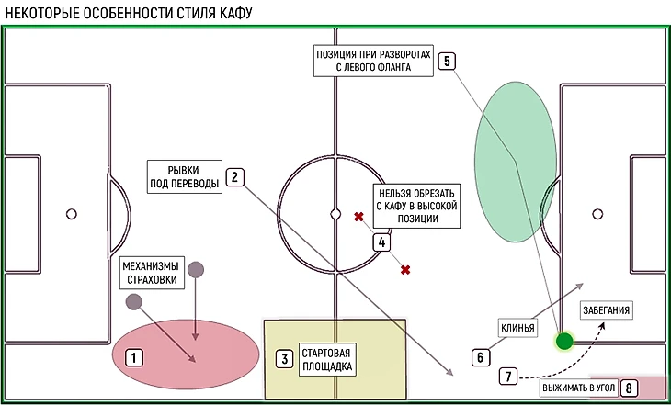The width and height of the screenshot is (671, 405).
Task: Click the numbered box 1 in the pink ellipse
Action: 133,357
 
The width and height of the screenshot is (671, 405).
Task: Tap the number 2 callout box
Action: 235,178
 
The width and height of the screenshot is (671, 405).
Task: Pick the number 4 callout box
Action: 381,242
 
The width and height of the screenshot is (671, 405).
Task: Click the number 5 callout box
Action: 447,62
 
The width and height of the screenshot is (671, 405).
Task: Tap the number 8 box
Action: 629,388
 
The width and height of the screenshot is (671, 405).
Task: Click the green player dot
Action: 564,342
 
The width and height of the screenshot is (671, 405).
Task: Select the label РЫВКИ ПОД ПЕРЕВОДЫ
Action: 185,176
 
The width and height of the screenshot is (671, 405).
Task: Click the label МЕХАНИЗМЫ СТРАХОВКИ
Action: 152,273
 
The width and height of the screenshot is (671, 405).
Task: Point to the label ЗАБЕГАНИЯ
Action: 606,310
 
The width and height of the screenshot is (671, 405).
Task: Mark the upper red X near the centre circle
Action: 358,218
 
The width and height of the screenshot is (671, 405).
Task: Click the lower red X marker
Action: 404,269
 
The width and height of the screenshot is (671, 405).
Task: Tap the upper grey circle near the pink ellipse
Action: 195,269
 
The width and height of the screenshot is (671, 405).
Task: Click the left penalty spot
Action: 71,214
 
